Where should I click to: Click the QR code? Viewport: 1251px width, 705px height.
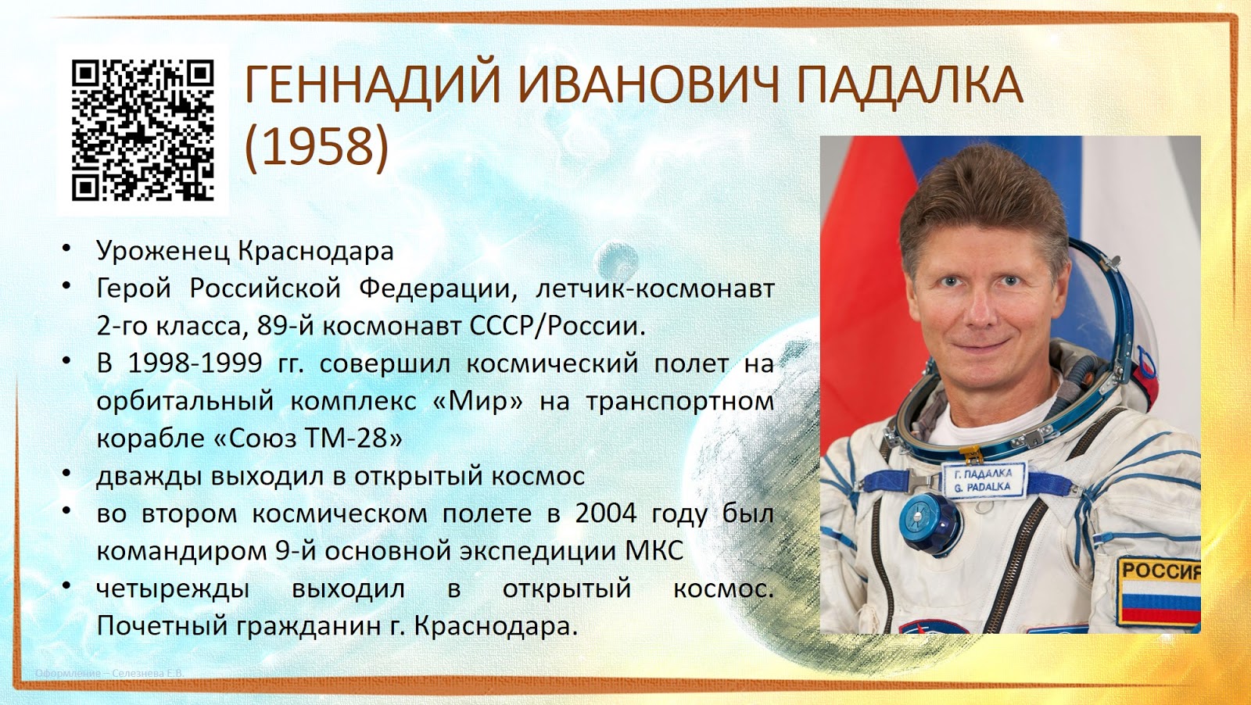coord(143,131)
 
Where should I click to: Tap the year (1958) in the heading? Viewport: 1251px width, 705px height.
coord(317,146)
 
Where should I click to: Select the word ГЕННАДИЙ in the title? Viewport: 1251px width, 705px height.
coord(372,86)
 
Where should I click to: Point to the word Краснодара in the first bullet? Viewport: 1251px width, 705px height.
coord(316,251)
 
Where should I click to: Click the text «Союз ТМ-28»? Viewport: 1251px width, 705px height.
coord(308,438)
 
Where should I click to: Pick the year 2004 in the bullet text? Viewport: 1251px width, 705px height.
coord(607,514)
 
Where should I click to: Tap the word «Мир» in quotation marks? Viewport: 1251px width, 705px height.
coord(478,401)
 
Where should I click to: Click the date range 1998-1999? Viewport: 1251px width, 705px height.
coord(195,364)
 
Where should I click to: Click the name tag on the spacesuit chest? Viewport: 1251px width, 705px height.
coord(983,479)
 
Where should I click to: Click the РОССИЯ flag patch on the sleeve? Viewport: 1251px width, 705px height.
coord(1160,591)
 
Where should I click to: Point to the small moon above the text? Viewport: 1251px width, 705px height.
coord(615,261)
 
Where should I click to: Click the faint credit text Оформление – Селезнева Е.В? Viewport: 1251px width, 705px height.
coord(109,674)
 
